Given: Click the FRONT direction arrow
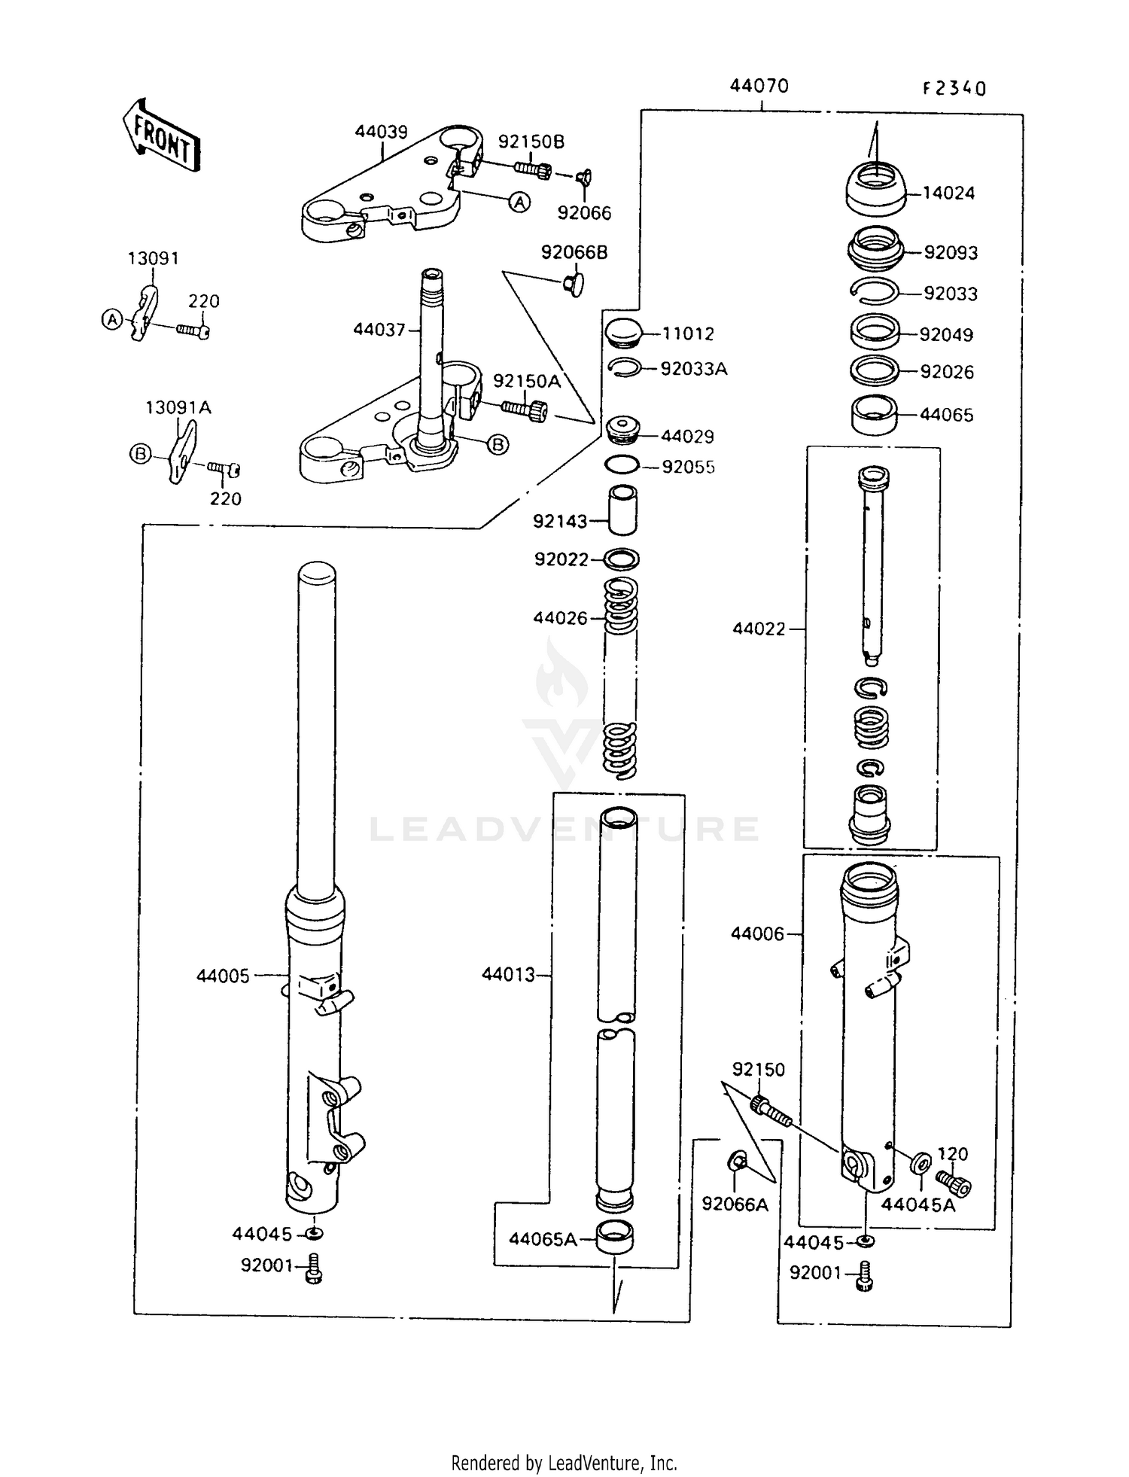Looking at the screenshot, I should tap(161, 136).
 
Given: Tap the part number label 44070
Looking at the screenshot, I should tap(759, 87).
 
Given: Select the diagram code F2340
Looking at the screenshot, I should tap(954, 89).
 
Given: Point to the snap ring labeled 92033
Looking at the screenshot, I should tap(874, 293).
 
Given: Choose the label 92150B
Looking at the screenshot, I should tap(531, 142).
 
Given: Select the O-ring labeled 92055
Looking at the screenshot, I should tap(622, 465).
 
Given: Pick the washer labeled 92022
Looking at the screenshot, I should tap(622, 559).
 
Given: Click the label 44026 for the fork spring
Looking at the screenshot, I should tap(560, 618).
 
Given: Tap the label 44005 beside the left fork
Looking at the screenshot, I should tap(223, 976).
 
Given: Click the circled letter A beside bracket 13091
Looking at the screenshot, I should tap(111, 319).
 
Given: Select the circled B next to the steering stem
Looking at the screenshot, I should tap(498, 445).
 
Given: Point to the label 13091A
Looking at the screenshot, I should tap(178, 408).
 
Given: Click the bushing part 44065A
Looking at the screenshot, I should tap(615, 1238).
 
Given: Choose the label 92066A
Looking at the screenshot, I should tap(735, 1204).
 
